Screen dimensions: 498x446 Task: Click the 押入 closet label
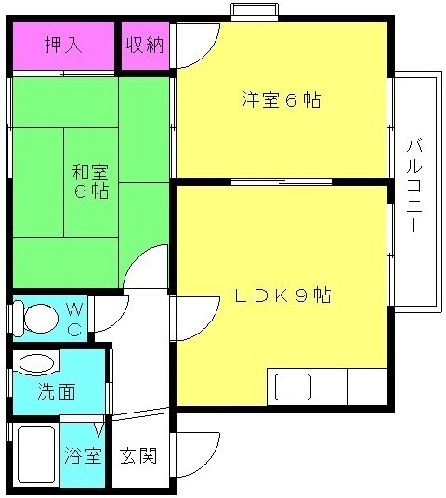point(64,44)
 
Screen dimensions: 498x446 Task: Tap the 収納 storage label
point(146,44)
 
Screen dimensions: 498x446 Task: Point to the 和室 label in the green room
point(90,172)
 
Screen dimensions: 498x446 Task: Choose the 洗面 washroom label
point(57,390)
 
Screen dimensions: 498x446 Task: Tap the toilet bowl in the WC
point(37,319)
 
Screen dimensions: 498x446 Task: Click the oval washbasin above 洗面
point(37,363)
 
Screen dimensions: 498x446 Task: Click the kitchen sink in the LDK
point(291,386)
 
